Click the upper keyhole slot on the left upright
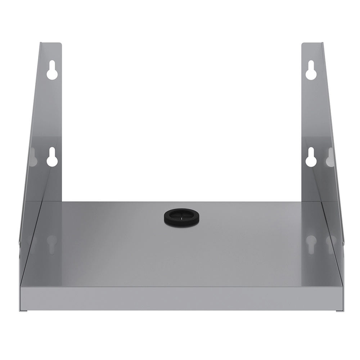tap(52, 70)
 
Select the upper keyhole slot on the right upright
tap(311, 70)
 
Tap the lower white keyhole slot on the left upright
tap(52, 157)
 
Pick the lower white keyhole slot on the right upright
tap(311, 157)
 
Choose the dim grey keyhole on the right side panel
tap(330, 157)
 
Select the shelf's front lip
tap(180, 298)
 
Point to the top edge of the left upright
tap(51, 44)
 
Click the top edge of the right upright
tap(312, 44)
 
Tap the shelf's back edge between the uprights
tap(180, 202)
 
